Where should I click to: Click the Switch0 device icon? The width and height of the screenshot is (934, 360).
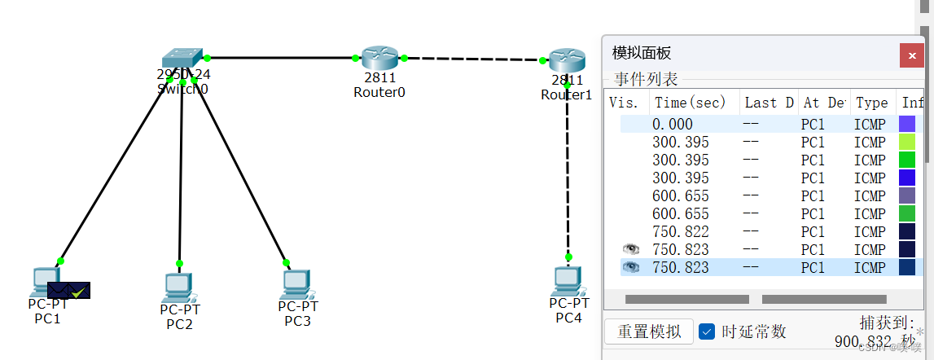(182, 59)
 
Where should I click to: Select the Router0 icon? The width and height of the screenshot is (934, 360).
(379, 58)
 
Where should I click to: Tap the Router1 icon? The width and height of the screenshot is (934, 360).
(567, 59)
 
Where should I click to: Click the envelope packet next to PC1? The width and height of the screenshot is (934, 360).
(68, 289)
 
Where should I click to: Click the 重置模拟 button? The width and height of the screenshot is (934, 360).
(649, 331)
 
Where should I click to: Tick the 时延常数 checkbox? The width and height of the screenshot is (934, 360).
(708, 331)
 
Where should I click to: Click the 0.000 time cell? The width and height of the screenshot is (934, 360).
(673, 125)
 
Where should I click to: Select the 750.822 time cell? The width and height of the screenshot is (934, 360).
(680, 232)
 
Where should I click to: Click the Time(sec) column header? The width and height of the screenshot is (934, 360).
(691, 103)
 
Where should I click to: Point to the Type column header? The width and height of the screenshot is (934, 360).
(871, 103)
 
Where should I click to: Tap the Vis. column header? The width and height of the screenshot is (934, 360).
(624, 103)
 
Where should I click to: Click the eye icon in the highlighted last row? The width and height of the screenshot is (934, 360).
(630, 267)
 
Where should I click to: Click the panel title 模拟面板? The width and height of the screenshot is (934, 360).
(642, 54)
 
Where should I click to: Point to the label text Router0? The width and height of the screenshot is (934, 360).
(379, 92)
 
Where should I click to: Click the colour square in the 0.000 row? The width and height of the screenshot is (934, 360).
(906, 125)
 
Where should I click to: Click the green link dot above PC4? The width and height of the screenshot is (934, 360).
(569, 256)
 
